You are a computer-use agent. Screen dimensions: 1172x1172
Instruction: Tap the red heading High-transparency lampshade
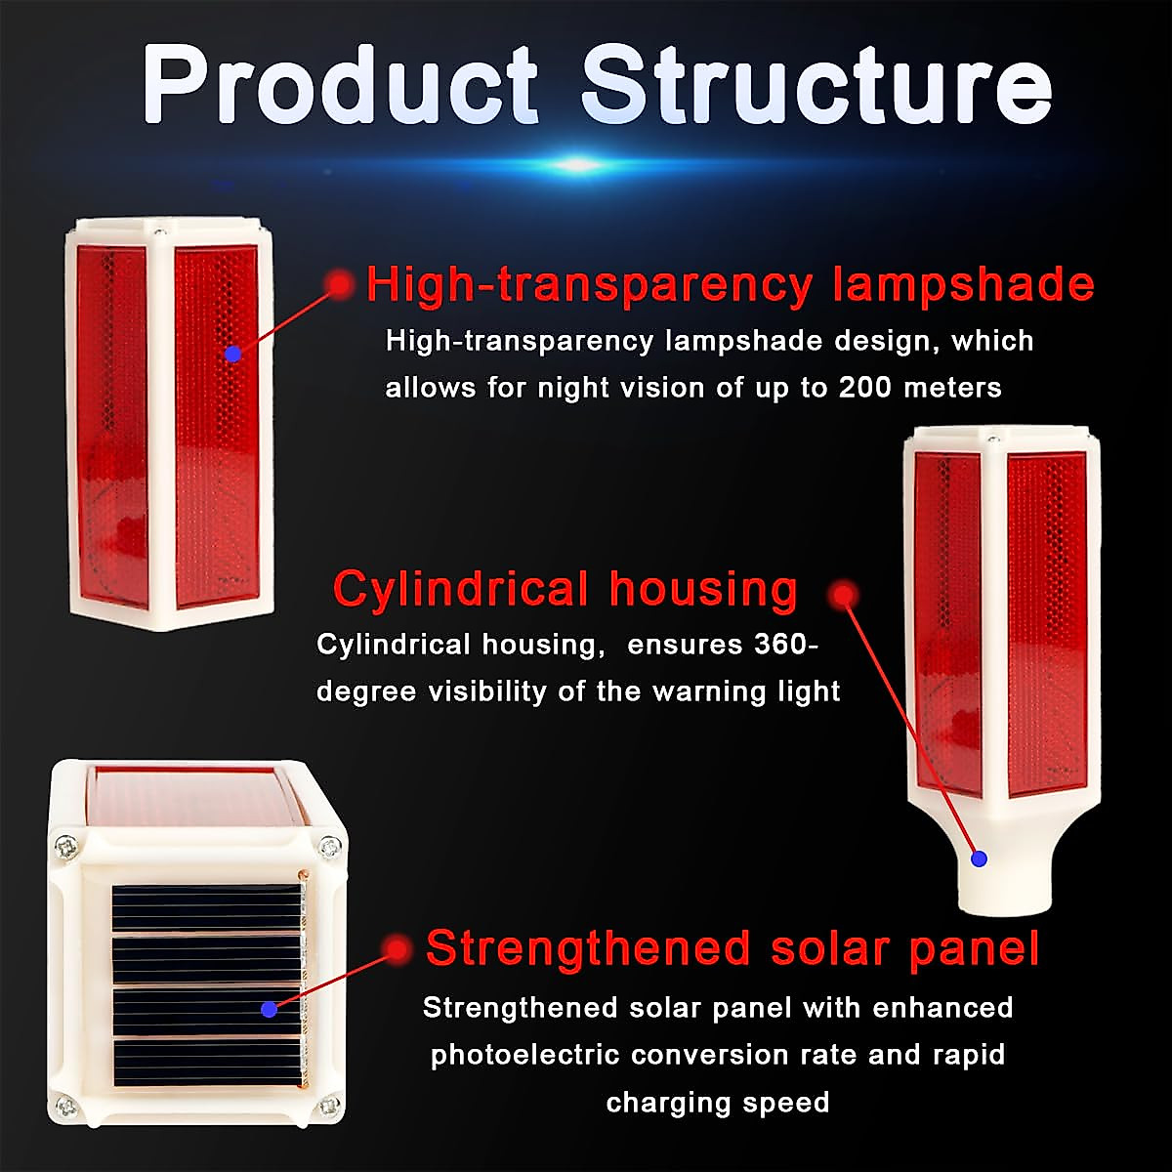coord(730,284)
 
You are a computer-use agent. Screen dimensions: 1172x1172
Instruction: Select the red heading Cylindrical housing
coord(565,590)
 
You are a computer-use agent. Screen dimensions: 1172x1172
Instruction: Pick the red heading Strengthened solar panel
coord(732,948)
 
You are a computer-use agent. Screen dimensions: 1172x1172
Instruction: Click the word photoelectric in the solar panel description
coord(525,1055)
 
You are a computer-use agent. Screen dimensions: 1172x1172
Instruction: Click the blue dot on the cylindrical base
coord(980,859)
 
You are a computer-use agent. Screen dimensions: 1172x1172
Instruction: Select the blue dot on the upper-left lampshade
coord(232,354)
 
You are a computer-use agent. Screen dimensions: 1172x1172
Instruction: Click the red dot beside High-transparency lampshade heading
coord(340,284)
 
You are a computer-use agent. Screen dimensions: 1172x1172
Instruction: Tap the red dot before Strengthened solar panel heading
coord(397,948)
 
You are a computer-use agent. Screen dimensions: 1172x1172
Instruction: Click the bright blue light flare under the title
coord(578,164)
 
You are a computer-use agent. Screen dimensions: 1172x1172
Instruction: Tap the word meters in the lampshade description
coord(952,388)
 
